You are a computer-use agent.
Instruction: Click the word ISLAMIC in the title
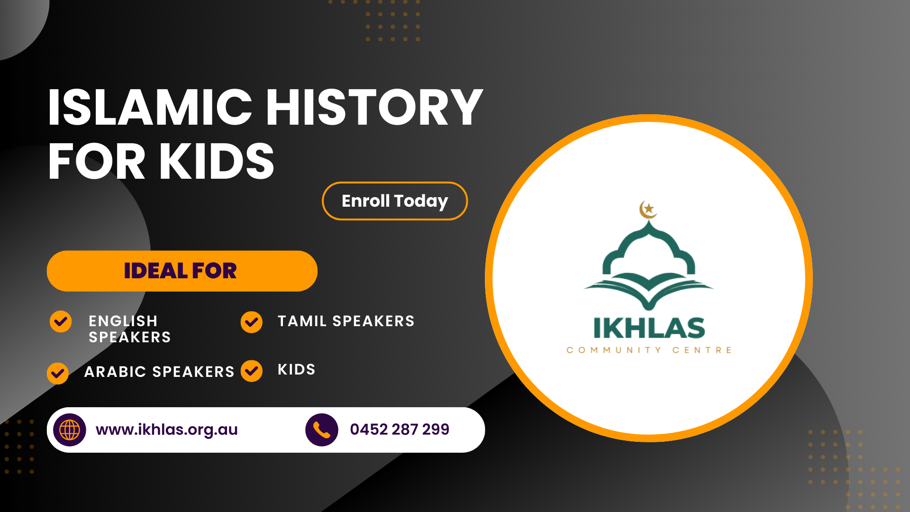pos(150,108)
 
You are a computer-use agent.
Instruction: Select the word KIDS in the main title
pos(217,161)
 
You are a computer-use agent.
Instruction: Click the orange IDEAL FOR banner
pos(182,271)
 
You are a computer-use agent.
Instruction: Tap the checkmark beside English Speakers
pos(61,321)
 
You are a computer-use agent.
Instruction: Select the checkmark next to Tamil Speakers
pos(251,322)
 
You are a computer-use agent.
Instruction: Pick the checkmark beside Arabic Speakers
pos(58,373)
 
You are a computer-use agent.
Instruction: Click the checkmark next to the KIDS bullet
pos(251,371)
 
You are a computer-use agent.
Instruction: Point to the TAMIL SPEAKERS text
pos(346,321)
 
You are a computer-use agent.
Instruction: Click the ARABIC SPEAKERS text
pos(159,372)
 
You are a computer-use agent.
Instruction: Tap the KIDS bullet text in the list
pos(297,369)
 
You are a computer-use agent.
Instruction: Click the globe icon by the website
pos(70,430)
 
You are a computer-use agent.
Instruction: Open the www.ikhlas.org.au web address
pos(167,430)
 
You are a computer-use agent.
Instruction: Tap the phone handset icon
pos(322,430)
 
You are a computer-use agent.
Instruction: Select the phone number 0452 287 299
pos(400,429)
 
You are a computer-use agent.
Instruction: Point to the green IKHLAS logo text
pos(649,329)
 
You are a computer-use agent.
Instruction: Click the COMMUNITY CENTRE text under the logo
pos(649,350)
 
